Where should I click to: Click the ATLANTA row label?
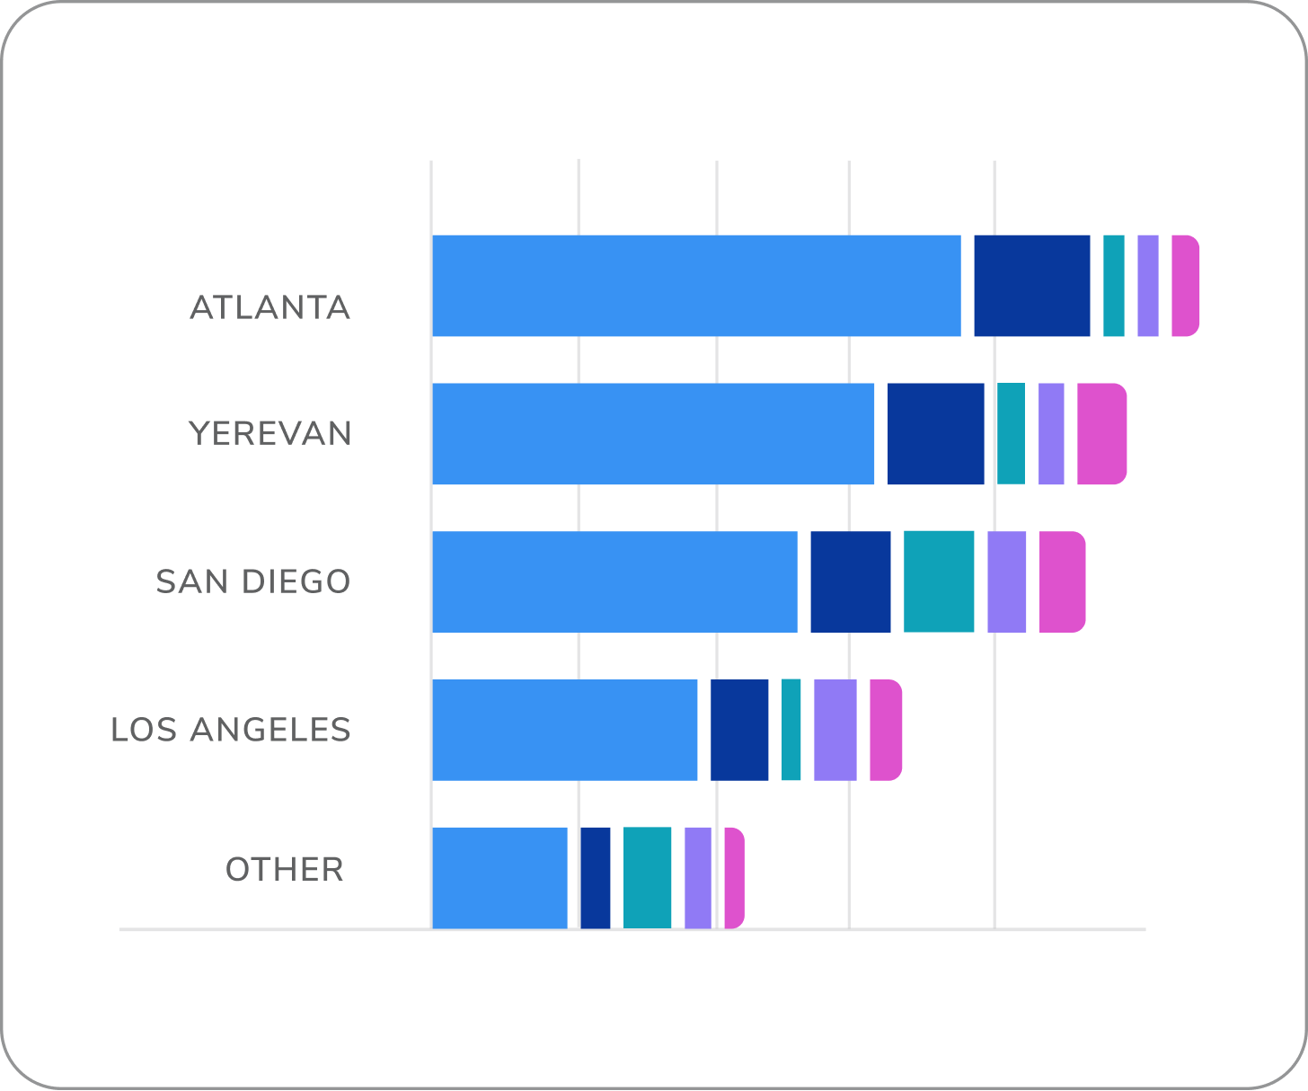(270, 308)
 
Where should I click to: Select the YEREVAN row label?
(270, 434)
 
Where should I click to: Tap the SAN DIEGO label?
(253, 582)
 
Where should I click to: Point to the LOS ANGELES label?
(231, 730)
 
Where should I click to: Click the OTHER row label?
(285, 870)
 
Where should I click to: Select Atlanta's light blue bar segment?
(696, 286)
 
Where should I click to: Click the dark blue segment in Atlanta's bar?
(1031, 286)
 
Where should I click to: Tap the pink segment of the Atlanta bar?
(1184, 286)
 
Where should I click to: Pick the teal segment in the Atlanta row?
(1113, 286)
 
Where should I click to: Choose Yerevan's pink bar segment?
(1100, 434)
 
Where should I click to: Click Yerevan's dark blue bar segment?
(935, 434)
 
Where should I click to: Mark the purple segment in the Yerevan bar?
(1051, 434)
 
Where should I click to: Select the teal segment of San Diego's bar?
(939, 581)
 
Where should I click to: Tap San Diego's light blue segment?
(614, 581)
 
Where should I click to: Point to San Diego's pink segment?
(1062, 581)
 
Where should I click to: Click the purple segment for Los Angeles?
(835, 730)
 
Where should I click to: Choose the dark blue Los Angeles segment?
(739, 730)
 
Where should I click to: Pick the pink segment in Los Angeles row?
(885, 730)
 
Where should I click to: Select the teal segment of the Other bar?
(647, 878)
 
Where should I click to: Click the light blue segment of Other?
(499, 878)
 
